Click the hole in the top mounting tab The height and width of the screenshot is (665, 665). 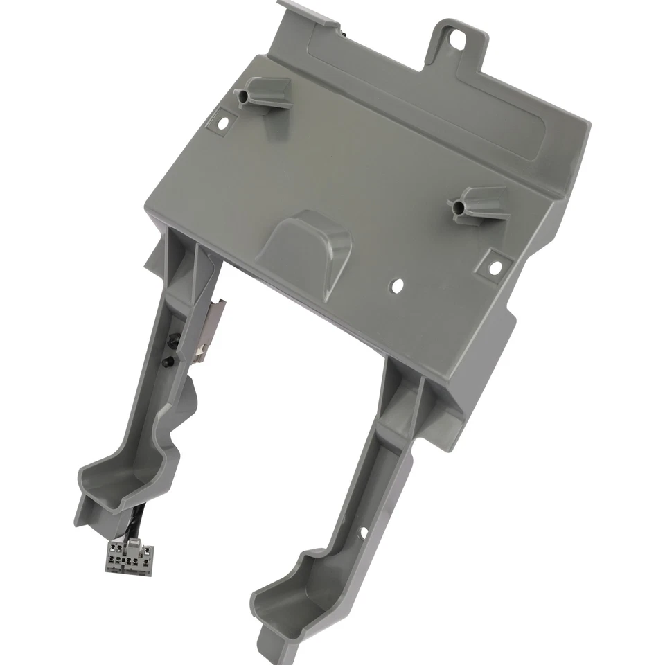tap(455, 39)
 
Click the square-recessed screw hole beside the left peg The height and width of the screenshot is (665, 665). tap(223, 123)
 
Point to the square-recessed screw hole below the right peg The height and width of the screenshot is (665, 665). tap(495, 267)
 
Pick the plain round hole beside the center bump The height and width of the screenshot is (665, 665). tap(397, 284)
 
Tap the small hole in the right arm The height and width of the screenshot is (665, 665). tap(362, 532)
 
